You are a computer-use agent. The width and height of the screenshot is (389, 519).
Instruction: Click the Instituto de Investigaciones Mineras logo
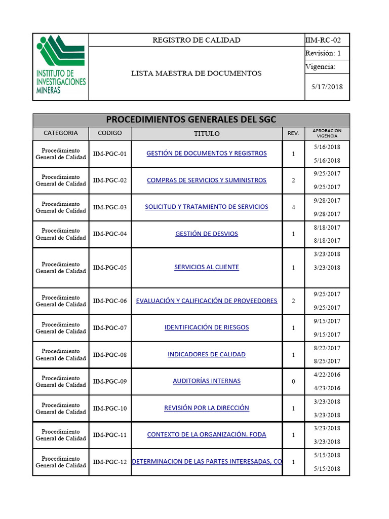tap(61, 66)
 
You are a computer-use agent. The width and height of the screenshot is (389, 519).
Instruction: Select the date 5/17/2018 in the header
tap(327, 87)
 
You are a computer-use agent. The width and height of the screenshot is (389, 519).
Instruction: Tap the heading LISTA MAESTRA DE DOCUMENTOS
tap(196, 73)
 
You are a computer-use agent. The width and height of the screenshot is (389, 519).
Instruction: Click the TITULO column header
tap(207, 134)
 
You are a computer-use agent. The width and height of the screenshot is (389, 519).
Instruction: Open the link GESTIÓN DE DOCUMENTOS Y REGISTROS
tap(207, 154)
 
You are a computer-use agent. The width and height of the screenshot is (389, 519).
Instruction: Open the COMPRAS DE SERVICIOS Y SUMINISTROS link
tap(207, 180)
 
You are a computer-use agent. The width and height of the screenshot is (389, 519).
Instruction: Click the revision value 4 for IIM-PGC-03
tap(293, 207)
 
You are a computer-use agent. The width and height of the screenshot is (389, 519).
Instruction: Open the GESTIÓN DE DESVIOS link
tap(207, 234)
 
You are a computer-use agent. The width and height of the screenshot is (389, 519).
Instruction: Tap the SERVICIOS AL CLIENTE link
tap(207, 268)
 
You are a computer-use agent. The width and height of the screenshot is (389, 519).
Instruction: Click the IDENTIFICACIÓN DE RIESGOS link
tap(207, 328)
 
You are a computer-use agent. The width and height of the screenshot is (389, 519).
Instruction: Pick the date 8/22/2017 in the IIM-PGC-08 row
tap(327, 348)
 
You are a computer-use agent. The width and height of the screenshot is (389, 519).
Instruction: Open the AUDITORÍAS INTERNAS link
tap(207, 381)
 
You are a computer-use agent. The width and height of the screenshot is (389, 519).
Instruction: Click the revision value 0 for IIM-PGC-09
tap(293, 382)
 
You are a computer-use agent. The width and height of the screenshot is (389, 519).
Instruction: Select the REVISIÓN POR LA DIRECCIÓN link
tap(207, 408)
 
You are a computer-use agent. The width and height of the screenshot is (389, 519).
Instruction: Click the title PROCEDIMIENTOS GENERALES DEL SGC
tap(191, 120)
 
